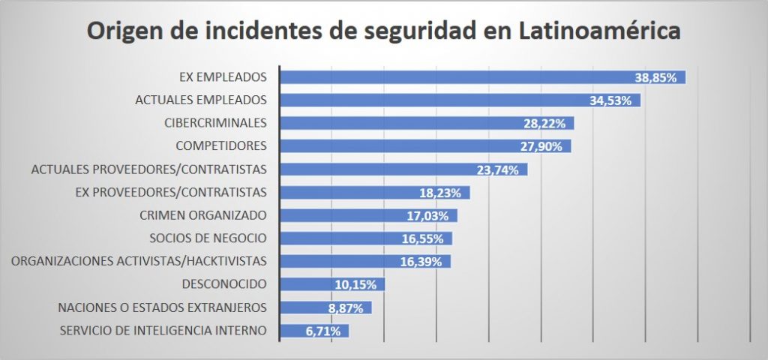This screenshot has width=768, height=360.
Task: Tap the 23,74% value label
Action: pyautogui.click(x=498, y=169)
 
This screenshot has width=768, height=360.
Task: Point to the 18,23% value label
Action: pyautogui.click(x=441, y=193)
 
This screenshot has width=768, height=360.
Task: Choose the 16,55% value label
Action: pyautogui.click(x=423, y=238)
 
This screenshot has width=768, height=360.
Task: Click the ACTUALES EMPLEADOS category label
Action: pyautogui.click(x=200, y=100)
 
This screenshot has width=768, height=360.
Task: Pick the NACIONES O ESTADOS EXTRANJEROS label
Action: pyautogui.click(x=162, y=307)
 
